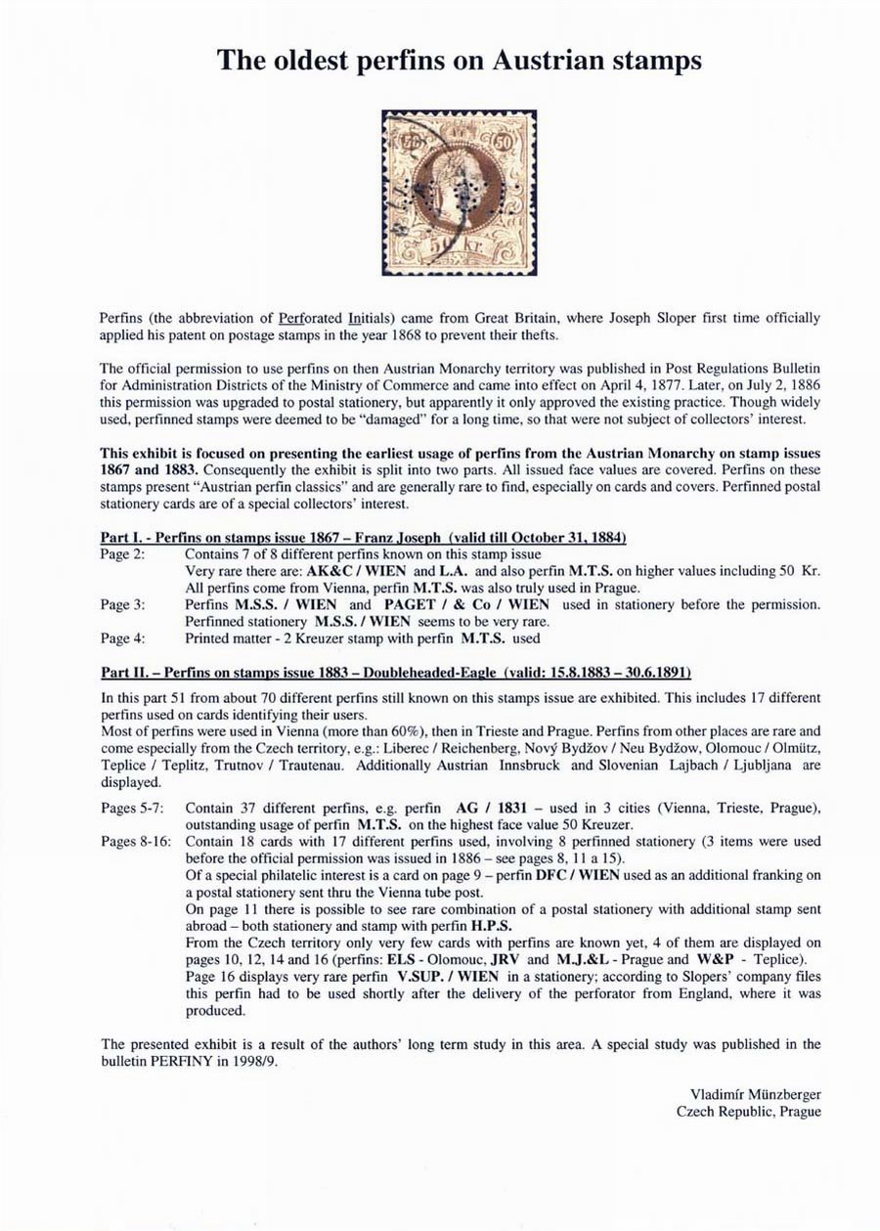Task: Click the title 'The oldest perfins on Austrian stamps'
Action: point(459,60)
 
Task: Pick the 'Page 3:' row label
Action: point(123,605)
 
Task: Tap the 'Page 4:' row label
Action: point(123,638)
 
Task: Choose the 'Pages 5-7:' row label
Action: point(133,809)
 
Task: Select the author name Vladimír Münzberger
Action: point(755,1095)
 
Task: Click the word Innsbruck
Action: point(529,766)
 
